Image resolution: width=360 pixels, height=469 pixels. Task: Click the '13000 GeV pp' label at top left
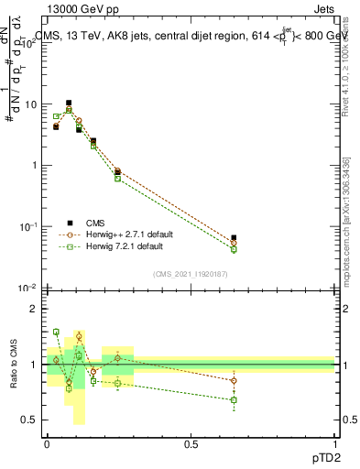pyautogui.click(x=76, y=8)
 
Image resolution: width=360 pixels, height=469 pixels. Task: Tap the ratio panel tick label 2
pyautogui.click(x=34, y=310)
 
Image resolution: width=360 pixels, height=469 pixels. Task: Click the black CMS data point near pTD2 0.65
pyautogui.click(x=234, y=237)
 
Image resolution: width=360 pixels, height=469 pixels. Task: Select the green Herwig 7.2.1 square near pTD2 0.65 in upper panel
pyautogui.click(x=234, y=249)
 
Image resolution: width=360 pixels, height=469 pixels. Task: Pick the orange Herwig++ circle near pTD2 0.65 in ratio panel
pyautogui.click(x=234, y=380)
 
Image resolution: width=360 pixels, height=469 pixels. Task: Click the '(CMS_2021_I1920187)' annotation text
pyautogui.click(x=191, y=273)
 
